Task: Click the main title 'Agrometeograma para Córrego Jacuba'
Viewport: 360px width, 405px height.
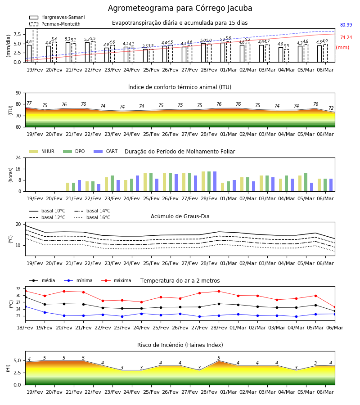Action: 180,8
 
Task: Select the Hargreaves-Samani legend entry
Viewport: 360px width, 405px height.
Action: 57,17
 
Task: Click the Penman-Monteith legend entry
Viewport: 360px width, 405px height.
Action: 55,24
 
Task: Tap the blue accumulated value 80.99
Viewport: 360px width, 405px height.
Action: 346,25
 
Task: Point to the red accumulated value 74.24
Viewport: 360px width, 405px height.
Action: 346,37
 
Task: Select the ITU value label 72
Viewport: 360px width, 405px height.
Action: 331,108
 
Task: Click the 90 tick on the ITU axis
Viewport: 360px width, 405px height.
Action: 18,93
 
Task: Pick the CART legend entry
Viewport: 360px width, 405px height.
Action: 105,151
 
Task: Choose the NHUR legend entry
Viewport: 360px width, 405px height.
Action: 41,151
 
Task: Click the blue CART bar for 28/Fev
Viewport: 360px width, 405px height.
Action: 215,181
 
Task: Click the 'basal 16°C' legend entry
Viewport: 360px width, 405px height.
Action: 92,217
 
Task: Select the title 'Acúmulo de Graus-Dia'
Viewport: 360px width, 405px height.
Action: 180,216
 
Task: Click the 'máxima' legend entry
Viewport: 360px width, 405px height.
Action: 116,280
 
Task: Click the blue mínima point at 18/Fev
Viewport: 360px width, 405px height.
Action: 25,306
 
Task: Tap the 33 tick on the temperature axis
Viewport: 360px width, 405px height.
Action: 19,288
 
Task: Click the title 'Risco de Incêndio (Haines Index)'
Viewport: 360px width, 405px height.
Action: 180,345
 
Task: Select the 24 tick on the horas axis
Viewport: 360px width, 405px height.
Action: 18,157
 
